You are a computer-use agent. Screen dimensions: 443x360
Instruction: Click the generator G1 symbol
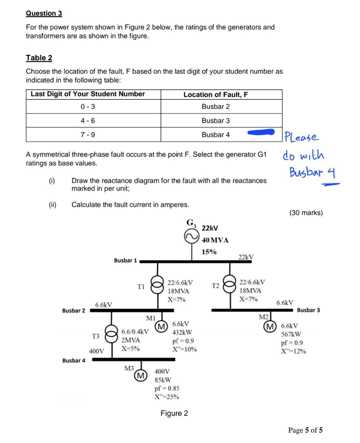pos(192,237)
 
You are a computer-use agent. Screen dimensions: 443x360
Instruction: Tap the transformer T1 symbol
pos(157,287)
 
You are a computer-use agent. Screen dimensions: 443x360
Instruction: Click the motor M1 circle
pos(162,326)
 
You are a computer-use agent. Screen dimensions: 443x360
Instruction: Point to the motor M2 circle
pos(269,326)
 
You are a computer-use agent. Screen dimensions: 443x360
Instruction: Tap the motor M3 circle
pos(140,376)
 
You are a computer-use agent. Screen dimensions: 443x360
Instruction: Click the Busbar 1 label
pos(125,261)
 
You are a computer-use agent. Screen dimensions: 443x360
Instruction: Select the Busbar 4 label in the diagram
pos(74,361)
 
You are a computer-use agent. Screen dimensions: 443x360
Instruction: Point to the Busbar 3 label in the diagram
pos(308,310)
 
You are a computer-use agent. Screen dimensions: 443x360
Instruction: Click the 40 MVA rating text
pos(215,240)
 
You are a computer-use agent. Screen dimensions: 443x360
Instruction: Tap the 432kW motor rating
pos(182,332)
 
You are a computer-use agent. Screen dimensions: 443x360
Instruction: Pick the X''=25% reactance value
pos(167,397)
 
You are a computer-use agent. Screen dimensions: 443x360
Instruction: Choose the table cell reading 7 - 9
pos(88,135)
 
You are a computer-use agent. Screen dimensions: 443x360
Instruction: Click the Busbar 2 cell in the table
pos(216,106)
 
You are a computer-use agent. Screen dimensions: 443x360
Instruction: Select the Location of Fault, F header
pos(216,95)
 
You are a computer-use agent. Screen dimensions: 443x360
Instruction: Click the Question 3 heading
pos(44,13)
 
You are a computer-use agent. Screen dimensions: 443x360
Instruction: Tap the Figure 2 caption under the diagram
pos(174,413)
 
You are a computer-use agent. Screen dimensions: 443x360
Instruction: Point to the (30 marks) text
pos(306,213)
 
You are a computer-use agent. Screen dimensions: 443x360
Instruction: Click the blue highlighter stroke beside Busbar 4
pos(261,133)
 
